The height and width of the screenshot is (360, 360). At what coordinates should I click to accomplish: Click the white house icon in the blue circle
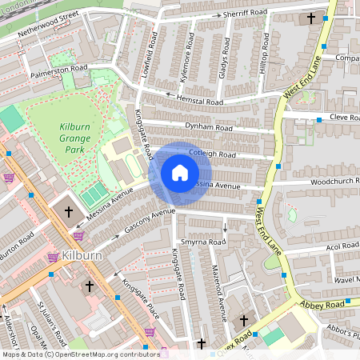point(179,173)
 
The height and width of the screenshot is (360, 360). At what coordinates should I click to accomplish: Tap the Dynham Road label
point(208,127)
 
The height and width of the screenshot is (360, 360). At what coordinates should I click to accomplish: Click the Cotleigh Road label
point(212,154)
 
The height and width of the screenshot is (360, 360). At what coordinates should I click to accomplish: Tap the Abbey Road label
point(323,304)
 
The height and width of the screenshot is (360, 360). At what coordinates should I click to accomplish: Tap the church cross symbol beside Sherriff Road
point(310,18)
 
